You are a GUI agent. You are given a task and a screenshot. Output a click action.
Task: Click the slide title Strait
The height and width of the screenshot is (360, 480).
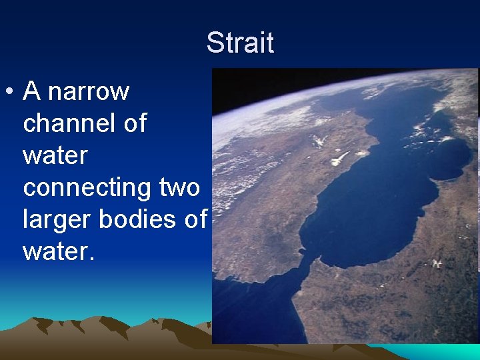point(240,43)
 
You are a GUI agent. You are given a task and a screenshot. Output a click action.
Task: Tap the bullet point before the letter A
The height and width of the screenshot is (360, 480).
point(9,91)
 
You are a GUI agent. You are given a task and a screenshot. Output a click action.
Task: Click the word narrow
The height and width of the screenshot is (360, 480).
point(89,91)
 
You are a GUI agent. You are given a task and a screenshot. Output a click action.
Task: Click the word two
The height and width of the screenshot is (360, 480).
point(180,188)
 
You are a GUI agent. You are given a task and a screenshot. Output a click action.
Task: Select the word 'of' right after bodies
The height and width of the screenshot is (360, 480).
point(195,220)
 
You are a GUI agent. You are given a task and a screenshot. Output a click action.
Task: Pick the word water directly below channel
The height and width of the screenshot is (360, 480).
point(55,155)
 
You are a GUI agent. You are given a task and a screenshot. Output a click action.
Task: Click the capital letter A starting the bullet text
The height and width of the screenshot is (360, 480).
point(32,91)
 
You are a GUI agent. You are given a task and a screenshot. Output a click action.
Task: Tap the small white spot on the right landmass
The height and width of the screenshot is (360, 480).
point(437,263)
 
